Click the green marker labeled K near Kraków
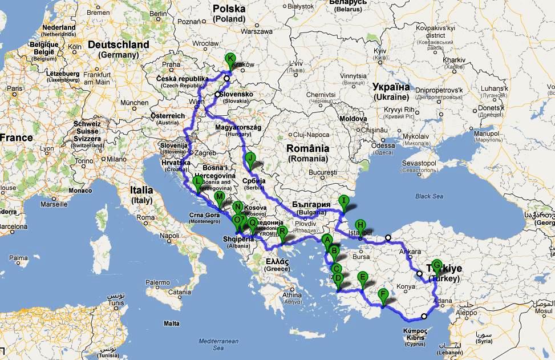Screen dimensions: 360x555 coord(230,59)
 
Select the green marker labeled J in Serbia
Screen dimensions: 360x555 coord(249,158)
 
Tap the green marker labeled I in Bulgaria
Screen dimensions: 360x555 coord(343,201)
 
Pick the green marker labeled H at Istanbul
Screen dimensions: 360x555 coord(360,225)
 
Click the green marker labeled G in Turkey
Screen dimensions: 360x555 coord(437,265)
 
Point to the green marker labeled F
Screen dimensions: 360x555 coord(383,295)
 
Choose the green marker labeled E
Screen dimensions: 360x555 coord(362,278)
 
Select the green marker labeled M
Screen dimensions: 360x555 coord(219,198)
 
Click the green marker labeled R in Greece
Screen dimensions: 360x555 coord(282,232)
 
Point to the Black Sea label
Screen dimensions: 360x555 coord(430,196)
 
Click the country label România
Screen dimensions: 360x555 coord(308,148)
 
